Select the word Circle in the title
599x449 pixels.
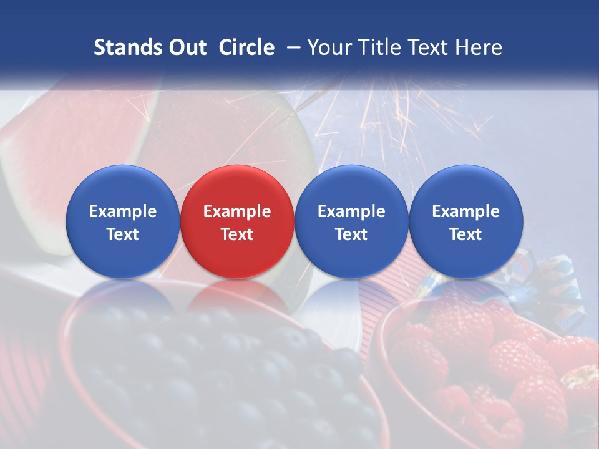(246, 47)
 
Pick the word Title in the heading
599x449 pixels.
(380, 47)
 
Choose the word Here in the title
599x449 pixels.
(480, 47)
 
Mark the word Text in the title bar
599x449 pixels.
(431, 47)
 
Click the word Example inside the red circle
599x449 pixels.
(237, 211)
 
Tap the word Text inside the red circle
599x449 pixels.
(237, 234)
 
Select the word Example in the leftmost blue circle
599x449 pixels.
(123, 211)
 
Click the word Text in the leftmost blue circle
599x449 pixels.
(123, 234)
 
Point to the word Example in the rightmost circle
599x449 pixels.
(466, 211)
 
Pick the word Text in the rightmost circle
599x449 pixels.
(466, 234)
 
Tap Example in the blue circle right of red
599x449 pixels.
(351, 211)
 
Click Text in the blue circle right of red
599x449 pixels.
(351, 234)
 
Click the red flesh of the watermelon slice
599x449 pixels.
(69, 137)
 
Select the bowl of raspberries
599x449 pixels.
(480, 374)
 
